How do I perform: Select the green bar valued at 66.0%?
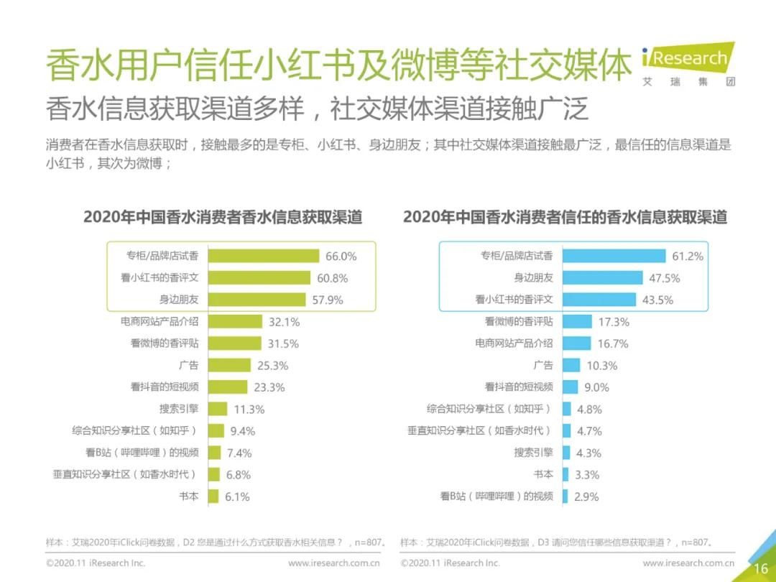coord(263,256)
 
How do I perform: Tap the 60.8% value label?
coord(333,278)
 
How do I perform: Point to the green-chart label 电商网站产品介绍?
coord(160,322)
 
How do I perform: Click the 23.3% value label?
coord(269,387)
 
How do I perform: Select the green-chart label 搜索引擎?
coord(179,409)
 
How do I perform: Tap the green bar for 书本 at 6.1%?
coord(213,496)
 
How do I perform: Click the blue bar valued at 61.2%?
coord(614,256)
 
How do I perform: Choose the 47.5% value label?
coord(665,278)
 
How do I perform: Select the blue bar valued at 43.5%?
coord(599,300)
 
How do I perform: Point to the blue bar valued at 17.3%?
coord(577,322)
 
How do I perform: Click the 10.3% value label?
coord(602,366)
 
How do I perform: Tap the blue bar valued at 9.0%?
coord(570,387)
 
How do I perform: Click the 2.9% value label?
coord(586,496)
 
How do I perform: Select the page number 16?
coord(760,568)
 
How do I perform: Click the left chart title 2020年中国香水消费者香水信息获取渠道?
coord(223,217)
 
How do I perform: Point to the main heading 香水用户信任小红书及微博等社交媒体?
coord(338,67)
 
